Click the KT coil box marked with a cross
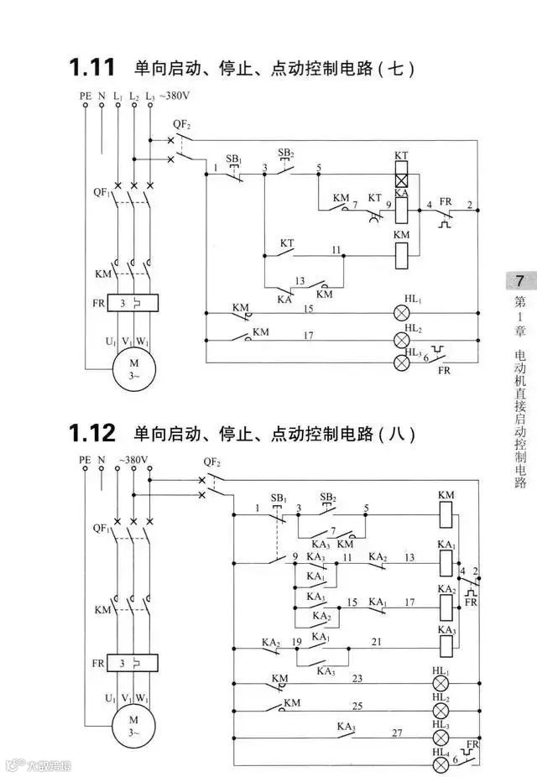pyautogui.click(x=401, y=179)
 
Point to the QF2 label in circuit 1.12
pyautogui.click(x=211, y=462)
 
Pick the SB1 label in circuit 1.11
pyautogui.click(x=234, y=159)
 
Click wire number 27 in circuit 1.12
pyautogui.click(x=397, y=733)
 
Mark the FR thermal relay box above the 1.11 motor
pyautogui.click(x=133, y=301)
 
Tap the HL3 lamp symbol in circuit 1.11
pyautogui.click(x=402, y=362)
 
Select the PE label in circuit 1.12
pyautogui.click(x=85, y=460)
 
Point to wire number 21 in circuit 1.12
pyautogui.click(x=377, y=642)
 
